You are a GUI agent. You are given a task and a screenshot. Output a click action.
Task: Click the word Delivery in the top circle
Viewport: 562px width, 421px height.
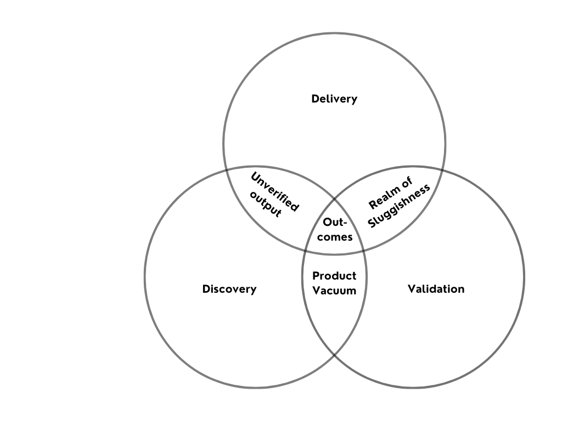pos(334,99)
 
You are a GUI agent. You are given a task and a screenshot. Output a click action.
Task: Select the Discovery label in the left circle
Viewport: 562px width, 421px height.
pos(229,289)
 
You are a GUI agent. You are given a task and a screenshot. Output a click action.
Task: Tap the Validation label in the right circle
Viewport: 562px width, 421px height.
pos(436,289)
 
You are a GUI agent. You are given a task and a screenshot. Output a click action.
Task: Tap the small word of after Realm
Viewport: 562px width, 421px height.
pos(407,183)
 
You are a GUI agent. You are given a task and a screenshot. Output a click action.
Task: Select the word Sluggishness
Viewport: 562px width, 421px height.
pos(400,206)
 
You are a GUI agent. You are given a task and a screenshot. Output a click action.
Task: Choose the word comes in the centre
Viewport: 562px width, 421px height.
pos(334,237)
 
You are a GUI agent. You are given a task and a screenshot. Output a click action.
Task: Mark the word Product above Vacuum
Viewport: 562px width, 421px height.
pos(334,276)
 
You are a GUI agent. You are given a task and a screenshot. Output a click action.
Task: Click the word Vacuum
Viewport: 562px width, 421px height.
pos(334,291)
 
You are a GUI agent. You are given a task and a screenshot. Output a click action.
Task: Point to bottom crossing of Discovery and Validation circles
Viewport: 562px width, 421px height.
pos(334,354)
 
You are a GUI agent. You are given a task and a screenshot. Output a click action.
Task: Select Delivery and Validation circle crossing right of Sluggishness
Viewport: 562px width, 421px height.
pos(442,170)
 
